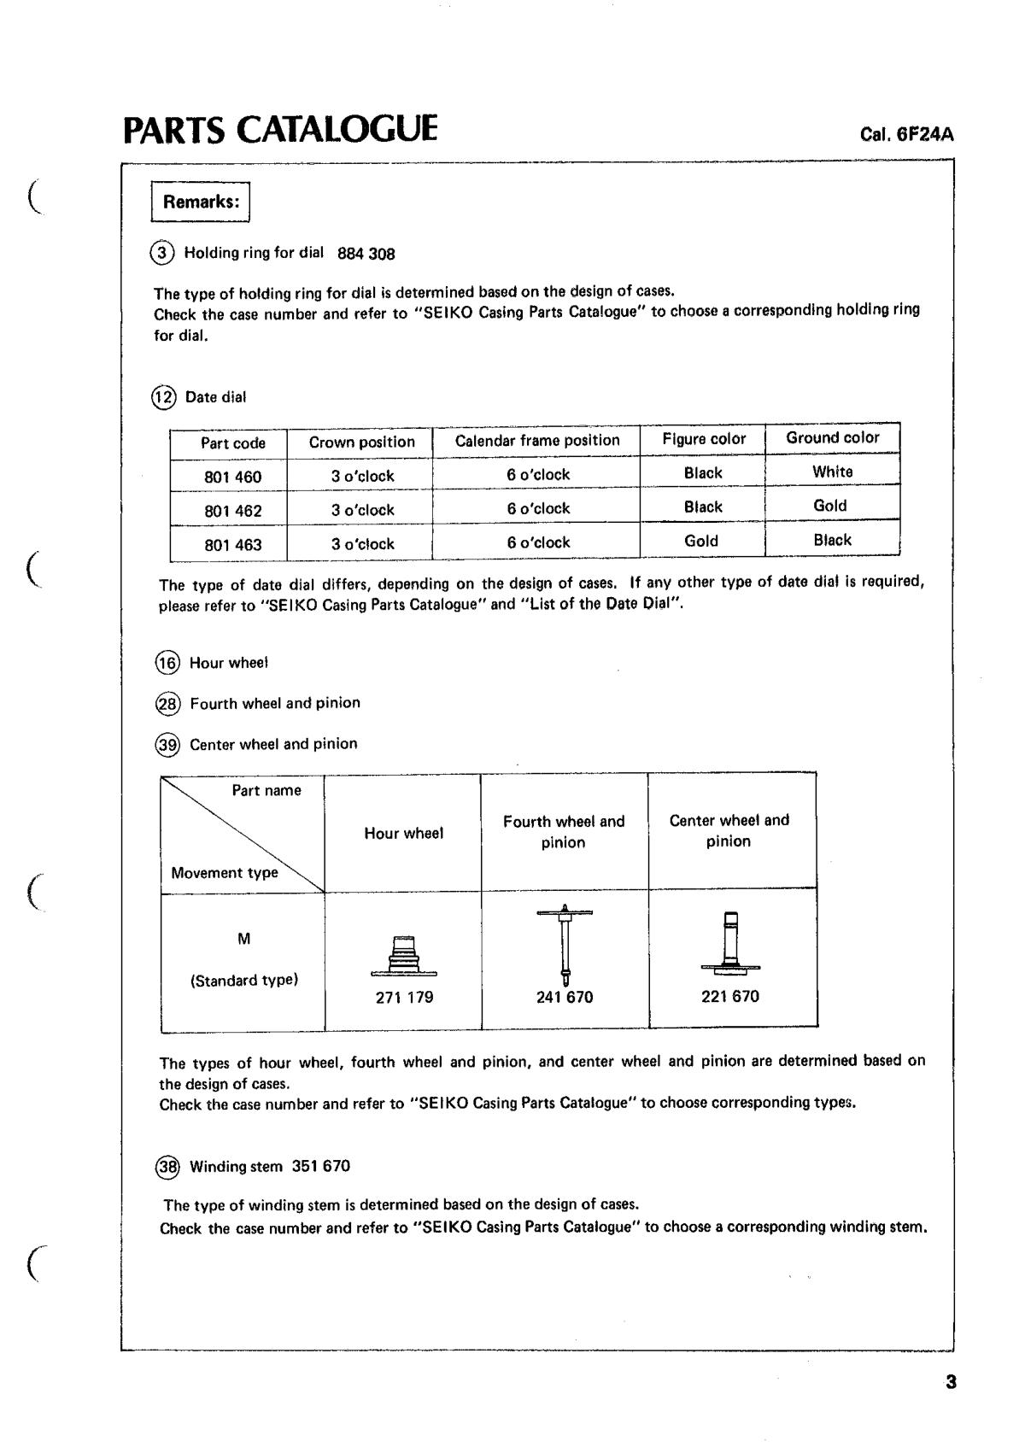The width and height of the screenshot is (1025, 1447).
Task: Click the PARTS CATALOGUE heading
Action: [280, 129]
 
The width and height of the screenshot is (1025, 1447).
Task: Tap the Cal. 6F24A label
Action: [907, 135]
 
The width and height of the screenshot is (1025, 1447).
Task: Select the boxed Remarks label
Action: [201, 202]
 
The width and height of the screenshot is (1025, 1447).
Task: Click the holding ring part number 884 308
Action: [366, 254]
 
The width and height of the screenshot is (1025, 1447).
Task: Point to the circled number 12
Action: [164, 397]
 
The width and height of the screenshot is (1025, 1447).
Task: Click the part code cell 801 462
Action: [232, 511]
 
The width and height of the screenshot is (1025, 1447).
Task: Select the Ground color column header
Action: [832, 437]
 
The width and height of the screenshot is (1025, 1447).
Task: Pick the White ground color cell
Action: [832, 472]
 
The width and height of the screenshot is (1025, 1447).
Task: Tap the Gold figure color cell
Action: [701, 541]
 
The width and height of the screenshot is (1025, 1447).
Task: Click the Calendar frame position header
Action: [536, 441]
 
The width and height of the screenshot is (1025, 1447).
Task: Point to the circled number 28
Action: [167, 704]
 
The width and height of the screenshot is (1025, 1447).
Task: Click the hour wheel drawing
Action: [404, 957]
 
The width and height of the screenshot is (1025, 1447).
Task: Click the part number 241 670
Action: [564, 997]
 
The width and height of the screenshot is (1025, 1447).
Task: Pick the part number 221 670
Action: [729, 996]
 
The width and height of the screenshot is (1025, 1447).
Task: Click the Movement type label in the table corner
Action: [224, 873]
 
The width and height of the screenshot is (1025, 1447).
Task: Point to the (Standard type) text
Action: [243, 981]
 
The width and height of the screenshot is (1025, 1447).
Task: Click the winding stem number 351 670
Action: [320, 1166]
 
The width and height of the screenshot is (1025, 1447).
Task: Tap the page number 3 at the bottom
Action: [951, 1382]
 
